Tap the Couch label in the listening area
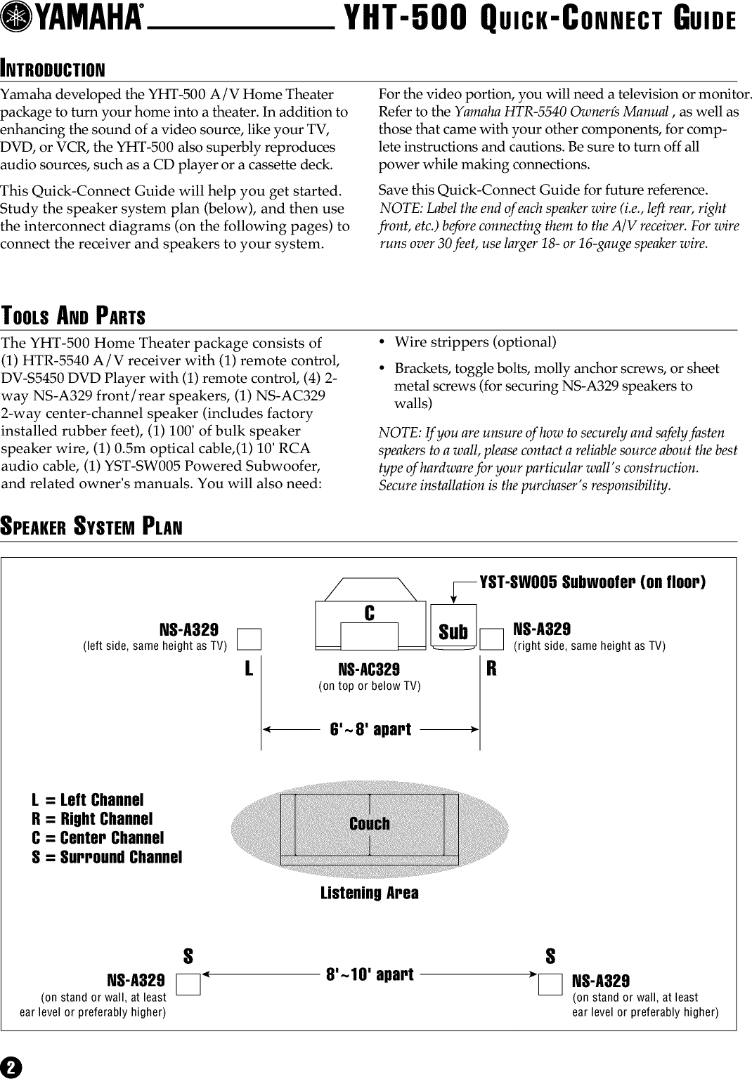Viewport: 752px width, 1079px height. [369, 823]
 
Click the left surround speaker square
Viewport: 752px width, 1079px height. [188, 986]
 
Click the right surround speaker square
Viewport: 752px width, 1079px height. [550, 986]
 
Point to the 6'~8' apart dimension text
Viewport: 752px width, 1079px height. [370, 729]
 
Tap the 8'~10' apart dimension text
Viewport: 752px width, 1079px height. [370, 975]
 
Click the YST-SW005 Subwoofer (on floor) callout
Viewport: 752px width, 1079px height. [592, 582]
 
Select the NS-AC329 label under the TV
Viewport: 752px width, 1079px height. [369, 670]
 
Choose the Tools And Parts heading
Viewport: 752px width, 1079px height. [73, 317]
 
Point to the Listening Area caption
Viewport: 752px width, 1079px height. [369, 893]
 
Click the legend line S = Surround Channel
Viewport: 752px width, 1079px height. [107, 857]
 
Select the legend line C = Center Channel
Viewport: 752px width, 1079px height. [98, 838]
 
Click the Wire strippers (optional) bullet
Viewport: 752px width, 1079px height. [474, 342]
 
